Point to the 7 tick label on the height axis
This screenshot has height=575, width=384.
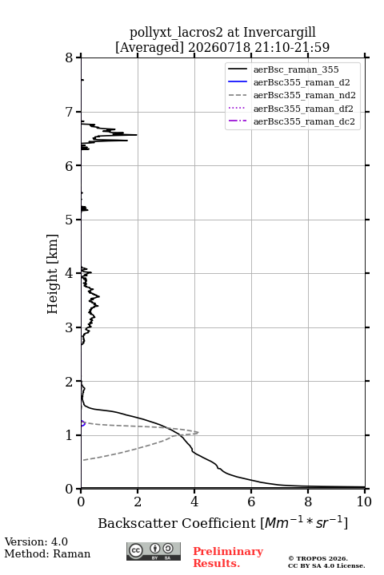(69, 112)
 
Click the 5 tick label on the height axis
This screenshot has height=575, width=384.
(69, 220)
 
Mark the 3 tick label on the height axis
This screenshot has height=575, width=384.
(69, 327)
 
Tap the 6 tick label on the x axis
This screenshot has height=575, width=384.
(251, 502)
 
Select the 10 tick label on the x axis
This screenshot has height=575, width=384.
(364, 502)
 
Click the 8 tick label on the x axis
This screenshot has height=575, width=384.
(308, 502)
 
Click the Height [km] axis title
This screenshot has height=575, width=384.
(53, 274)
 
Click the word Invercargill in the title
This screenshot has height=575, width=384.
(279, 33)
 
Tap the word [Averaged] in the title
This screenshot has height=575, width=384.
(149, 48)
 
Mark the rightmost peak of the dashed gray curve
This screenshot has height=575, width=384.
(198, 432)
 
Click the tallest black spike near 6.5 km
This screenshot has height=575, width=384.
(136, 135)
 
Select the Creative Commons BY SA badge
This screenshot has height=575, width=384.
(154, 552)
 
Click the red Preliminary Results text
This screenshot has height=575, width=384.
(228, 557)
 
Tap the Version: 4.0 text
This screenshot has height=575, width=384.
(36, 541)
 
